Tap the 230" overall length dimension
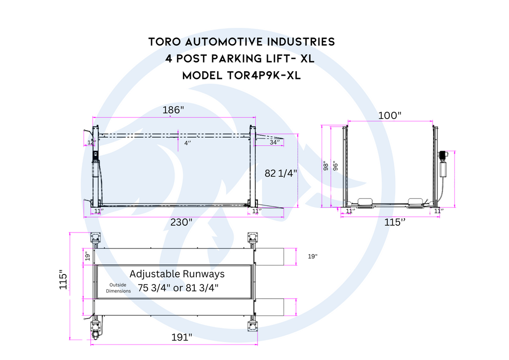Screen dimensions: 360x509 [x=181, y=222]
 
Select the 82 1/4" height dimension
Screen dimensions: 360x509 [x=280, y=174]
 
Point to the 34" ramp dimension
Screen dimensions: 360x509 [x=274, y=142]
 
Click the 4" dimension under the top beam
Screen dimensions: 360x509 [x=187, y=143]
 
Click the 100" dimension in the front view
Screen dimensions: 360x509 [x=389, y=115]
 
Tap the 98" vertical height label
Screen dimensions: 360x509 [x=326, y=166]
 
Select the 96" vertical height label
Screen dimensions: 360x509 [x=336, y=166]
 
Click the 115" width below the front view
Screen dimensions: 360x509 [x=395, y=222]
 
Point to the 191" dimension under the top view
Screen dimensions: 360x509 [x=181, y=337]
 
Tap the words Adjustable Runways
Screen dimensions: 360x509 [x=177, y=274]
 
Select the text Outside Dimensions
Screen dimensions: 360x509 [x=118, y=288]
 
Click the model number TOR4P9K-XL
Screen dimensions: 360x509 [x=242, y=76]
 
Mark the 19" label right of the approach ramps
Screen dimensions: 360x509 [x=312, y=257]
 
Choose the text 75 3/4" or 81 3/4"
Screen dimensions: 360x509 [x=178, y=287]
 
